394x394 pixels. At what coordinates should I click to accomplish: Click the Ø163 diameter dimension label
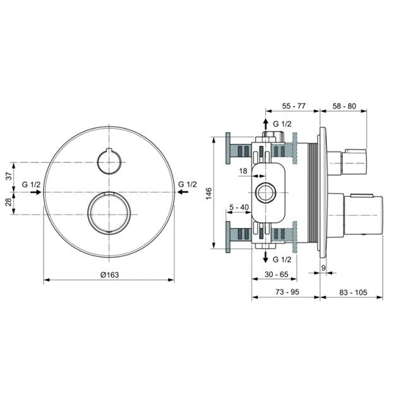[x=109, y=274]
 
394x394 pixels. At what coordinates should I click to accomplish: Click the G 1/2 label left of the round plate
[x=32, y=184]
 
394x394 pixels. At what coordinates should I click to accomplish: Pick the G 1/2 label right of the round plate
[x=188, y=184]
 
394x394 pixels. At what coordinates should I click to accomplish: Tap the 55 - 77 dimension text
[x=292, y=106]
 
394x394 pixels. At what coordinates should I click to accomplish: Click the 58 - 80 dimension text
[x=343, y=106]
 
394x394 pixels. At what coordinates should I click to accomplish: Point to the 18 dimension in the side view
[x=244, y=170]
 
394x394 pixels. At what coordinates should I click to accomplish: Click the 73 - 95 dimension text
[x=285, y=293]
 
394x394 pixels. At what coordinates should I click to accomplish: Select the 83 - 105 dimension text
[x=344, y=293]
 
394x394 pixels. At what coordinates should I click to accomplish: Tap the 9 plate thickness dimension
[x=324, y=268]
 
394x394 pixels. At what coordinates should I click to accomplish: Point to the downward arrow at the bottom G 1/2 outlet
[x=266, y=258]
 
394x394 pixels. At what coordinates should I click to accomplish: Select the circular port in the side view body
[x=266, y=192]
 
